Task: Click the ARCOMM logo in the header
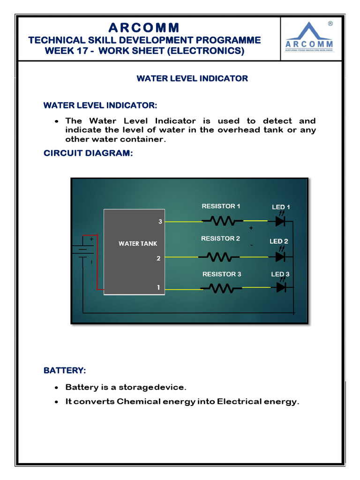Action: [309, 38]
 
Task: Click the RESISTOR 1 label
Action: [221, 206]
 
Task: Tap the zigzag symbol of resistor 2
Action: [220, 256]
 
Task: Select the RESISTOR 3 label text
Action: [222, 274]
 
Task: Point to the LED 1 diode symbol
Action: [281, 221]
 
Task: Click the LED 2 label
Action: [279, 241]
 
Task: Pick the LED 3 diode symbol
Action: [281, 288]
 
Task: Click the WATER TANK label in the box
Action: [138, 243]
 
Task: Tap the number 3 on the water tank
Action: [160, 222]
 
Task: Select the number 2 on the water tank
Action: [159, 258]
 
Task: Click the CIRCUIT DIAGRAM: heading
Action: [89, 153]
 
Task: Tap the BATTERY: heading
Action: [65, 370]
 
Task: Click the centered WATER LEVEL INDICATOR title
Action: [192, 78]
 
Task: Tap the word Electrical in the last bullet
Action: [239, 402]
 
